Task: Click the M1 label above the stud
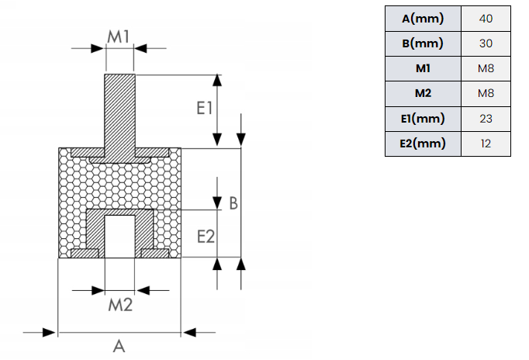[119, 36]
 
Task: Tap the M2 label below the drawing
[120, 305]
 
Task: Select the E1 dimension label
[205, 109]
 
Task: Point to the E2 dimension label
[206, 236]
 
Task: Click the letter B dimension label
[233, 203]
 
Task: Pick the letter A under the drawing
[119, 346]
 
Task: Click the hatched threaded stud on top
[119, 115]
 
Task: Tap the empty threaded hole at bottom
[119, 237]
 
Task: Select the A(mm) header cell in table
[423, 19]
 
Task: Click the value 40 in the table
[486, 19]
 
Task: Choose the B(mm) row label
[423, 43]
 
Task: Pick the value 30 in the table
[486, 43]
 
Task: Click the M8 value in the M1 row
[486, 68]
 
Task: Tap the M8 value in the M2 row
[486, 93]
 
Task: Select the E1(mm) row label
[423, 119]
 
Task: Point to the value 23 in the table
[486, 119]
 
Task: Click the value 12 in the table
[486, 144]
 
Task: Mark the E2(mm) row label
[423, 144]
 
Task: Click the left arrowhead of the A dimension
[50, 332]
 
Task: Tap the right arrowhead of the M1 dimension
[140, 48]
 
